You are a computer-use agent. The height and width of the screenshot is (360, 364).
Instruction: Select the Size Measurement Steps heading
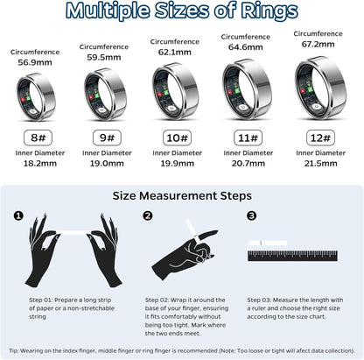[181, 195]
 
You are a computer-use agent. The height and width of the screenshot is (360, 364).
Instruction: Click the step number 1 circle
[19, 215]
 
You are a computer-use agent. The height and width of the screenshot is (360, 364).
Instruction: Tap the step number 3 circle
[252, 215]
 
